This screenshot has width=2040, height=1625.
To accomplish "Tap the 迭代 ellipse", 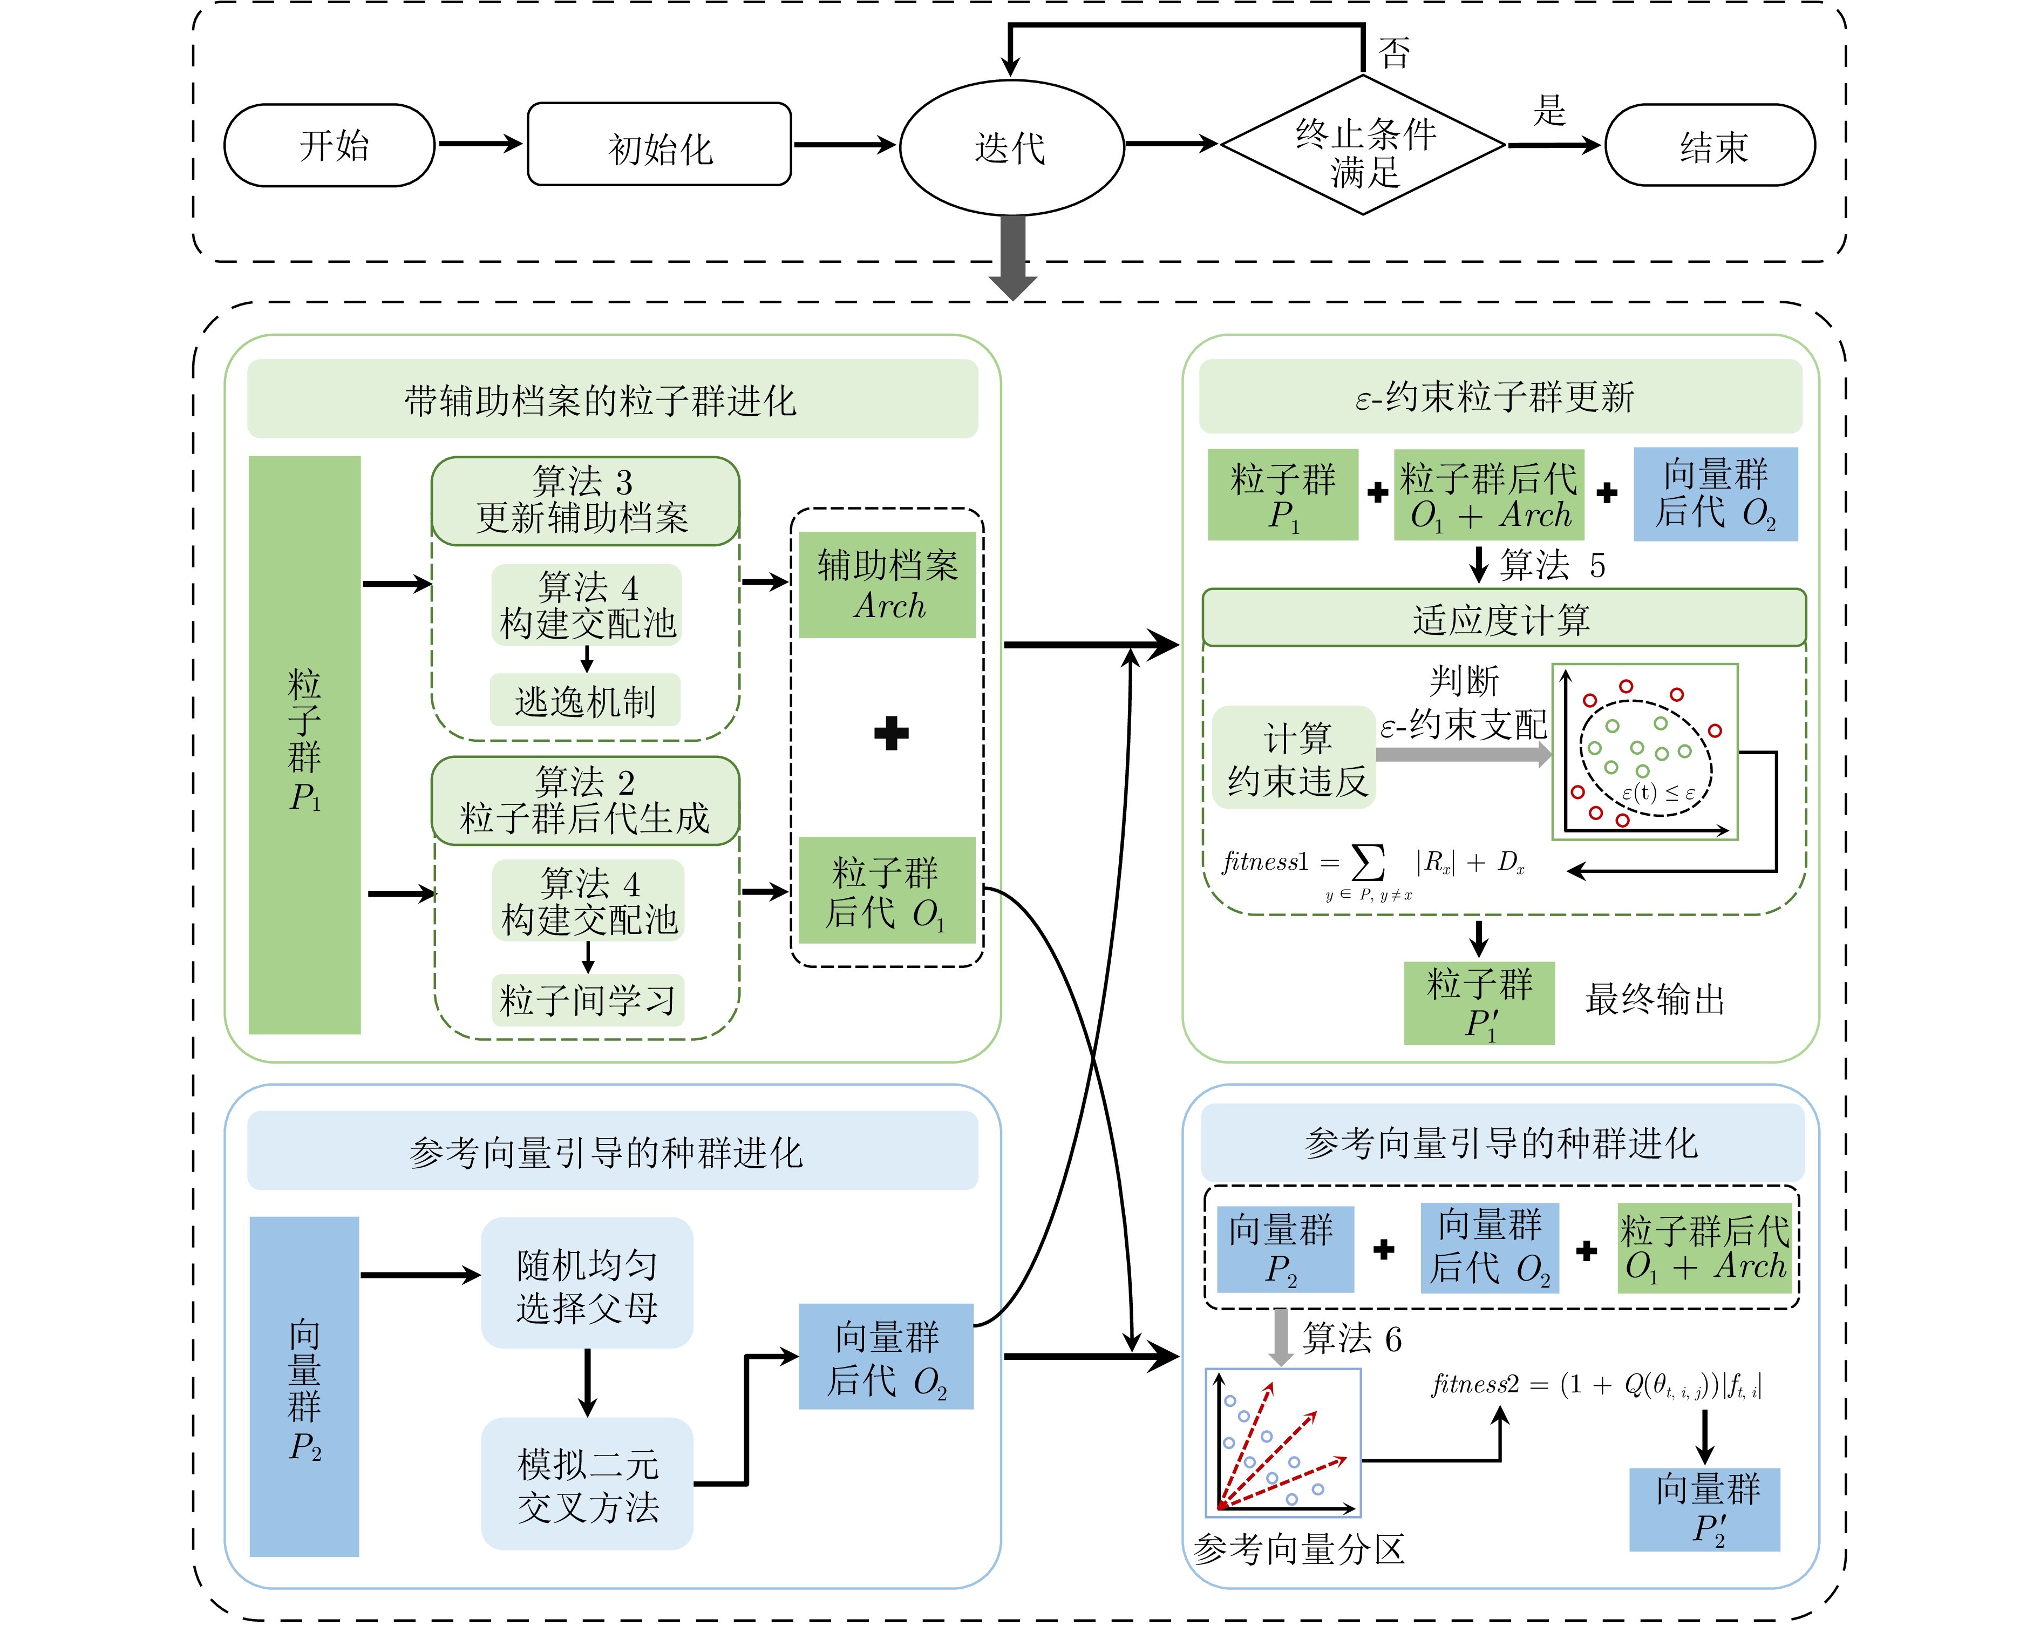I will [x=1010, y=147].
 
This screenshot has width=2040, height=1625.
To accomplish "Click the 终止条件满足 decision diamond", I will [x=1363, y=147].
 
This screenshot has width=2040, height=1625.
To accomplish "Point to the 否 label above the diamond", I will [x=1394, y=53].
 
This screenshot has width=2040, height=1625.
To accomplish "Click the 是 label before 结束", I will [x=1549, y=110].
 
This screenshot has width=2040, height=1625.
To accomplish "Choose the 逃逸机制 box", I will [x=585, y=700].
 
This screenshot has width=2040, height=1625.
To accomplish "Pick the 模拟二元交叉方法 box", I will [x=587, y=1484].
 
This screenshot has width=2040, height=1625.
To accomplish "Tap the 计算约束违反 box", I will [x=1294, y=757].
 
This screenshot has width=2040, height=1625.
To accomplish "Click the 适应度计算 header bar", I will [x=1502, y=619].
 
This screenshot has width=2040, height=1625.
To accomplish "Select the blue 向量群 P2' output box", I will [x=1705, y=1508].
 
